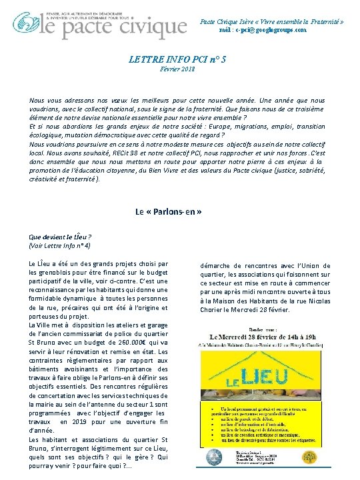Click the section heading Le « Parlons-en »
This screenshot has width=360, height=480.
coord(169,213)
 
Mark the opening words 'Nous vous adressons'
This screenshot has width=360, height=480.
coord(60,100)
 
